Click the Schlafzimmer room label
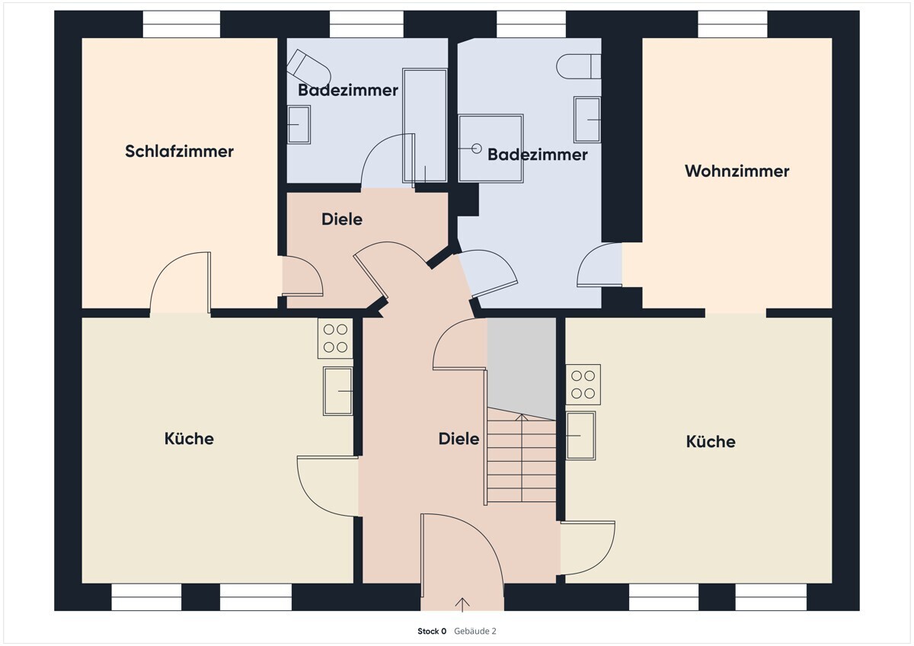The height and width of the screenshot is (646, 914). coord(179,151)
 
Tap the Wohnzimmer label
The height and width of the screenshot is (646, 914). coord(737,171)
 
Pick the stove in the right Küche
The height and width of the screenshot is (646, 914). coord(583,385)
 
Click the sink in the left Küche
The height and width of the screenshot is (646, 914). coord(337,391)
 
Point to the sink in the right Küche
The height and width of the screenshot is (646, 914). coord(580,435)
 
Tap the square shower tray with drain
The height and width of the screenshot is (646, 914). coord(491,149)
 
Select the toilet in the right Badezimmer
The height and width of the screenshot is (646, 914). coord(580,66)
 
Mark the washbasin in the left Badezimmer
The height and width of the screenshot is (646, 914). coord(299,124)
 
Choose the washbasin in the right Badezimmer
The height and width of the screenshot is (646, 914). coord(587,120)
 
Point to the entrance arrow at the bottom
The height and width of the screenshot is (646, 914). coord(462,605)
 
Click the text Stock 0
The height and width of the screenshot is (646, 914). coord(432,631)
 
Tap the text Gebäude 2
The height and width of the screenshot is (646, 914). coord(475,631)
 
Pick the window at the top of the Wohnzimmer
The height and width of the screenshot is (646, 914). coord(733,24)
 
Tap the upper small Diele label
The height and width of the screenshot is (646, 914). coord(342,219)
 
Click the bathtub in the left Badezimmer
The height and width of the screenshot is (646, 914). coord(424,126)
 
